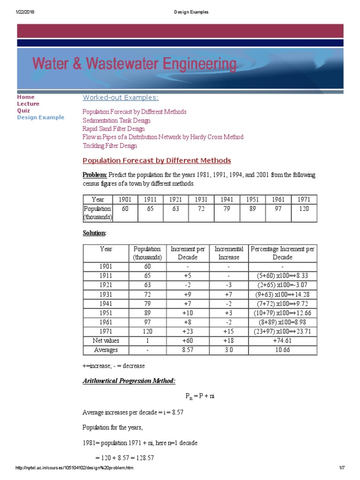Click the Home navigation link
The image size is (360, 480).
(26, 97)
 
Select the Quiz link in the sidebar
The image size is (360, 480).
(23, 111)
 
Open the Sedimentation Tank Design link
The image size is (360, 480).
(117, 120)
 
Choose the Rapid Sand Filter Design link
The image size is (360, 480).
(113, 128)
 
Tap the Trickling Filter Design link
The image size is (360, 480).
(110, 146)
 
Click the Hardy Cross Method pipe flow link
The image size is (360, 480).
(163, 137)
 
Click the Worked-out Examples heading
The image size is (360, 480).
(120, 97)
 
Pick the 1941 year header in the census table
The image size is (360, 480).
(226, 200)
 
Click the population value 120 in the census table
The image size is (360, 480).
(304, 209)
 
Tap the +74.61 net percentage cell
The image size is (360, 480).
(283, 341)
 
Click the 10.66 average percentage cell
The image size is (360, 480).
(283, 350)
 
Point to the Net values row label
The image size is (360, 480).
(106, 341)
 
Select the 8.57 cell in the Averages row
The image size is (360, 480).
(187, 350)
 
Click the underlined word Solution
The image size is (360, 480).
(94, 233)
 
